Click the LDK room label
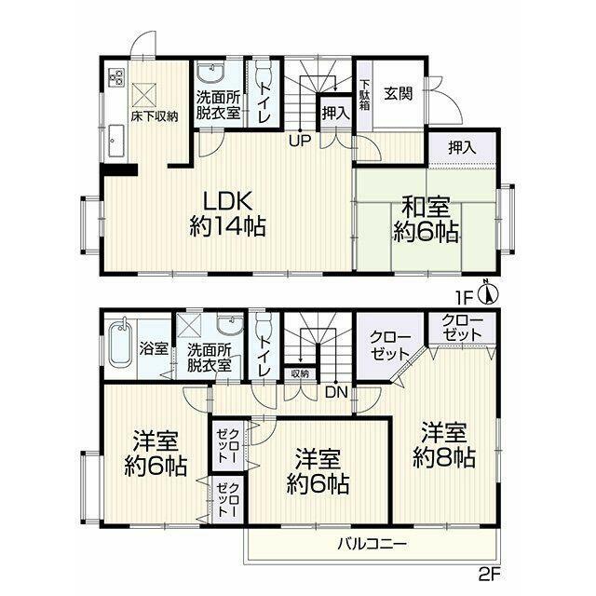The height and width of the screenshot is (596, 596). click(227, 213)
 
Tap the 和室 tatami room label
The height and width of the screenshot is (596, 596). click(426, 220)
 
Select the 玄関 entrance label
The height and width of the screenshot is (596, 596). click(398, 93)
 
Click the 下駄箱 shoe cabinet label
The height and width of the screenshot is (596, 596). click(364, 95)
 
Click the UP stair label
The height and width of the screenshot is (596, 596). click(300, 142)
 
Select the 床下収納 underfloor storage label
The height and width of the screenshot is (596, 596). click(155, 116)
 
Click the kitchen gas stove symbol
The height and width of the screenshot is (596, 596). click(116, 76)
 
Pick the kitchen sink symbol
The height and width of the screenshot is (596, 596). click(116, 141)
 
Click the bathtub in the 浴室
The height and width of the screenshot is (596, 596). click(120, 345)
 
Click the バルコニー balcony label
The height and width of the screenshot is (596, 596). click(372, 544)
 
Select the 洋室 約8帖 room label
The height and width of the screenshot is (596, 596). click(444, 445)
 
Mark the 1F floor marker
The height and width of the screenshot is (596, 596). click(464, 298)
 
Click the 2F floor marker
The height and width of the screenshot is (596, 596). click(488, 575)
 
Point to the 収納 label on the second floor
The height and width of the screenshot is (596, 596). click(300, 373)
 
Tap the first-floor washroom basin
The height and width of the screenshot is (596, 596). click(210, 73)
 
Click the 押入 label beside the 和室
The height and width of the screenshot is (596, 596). click(462, 147)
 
